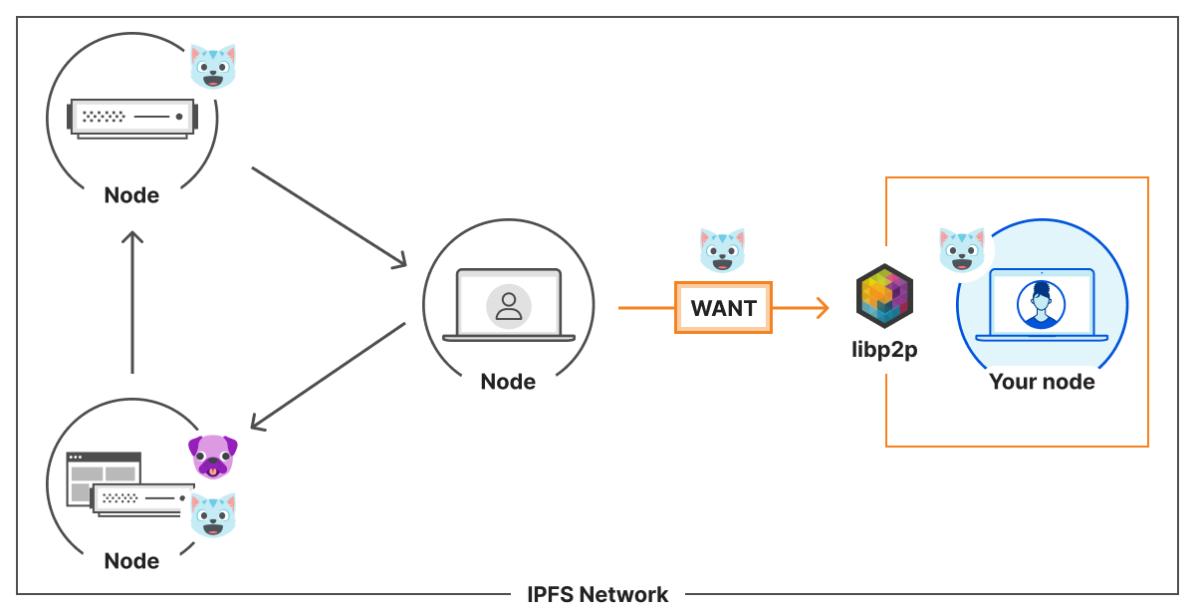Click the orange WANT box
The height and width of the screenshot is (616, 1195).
point(723,308)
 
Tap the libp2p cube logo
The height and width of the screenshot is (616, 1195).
point(884,296)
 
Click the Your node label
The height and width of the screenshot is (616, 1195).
point(1042,381)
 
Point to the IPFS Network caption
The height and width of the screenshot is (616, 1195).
point(597,594)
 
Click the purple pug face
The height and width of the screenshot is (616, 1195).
point(213,457)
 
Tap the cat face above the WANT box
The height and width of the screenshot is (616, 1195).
point(723,249)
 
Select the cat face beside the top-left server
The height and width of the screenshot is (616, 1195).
point(213,66)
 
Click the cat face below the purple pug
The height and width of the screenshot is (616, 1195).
point(213,514)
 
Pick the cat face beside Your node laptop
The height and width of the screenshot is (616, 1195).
point(962,249)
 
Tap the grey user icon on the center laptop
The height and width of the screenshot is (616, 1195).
point(509,305)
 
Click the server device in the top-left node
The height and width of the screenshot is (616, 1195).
point(131,118)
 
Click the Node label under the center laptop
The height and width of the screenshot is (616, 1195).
point(508,381)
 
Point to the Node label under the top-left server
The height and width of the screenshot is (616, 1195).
point(131,194)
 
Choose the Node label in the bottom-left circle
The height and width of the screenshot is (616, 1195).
point(131,560)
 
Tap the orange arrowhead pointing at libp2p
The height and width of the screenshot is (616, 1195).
point(821,308)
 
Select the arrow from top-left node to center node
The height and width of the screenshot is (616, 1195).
point(330,217)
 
